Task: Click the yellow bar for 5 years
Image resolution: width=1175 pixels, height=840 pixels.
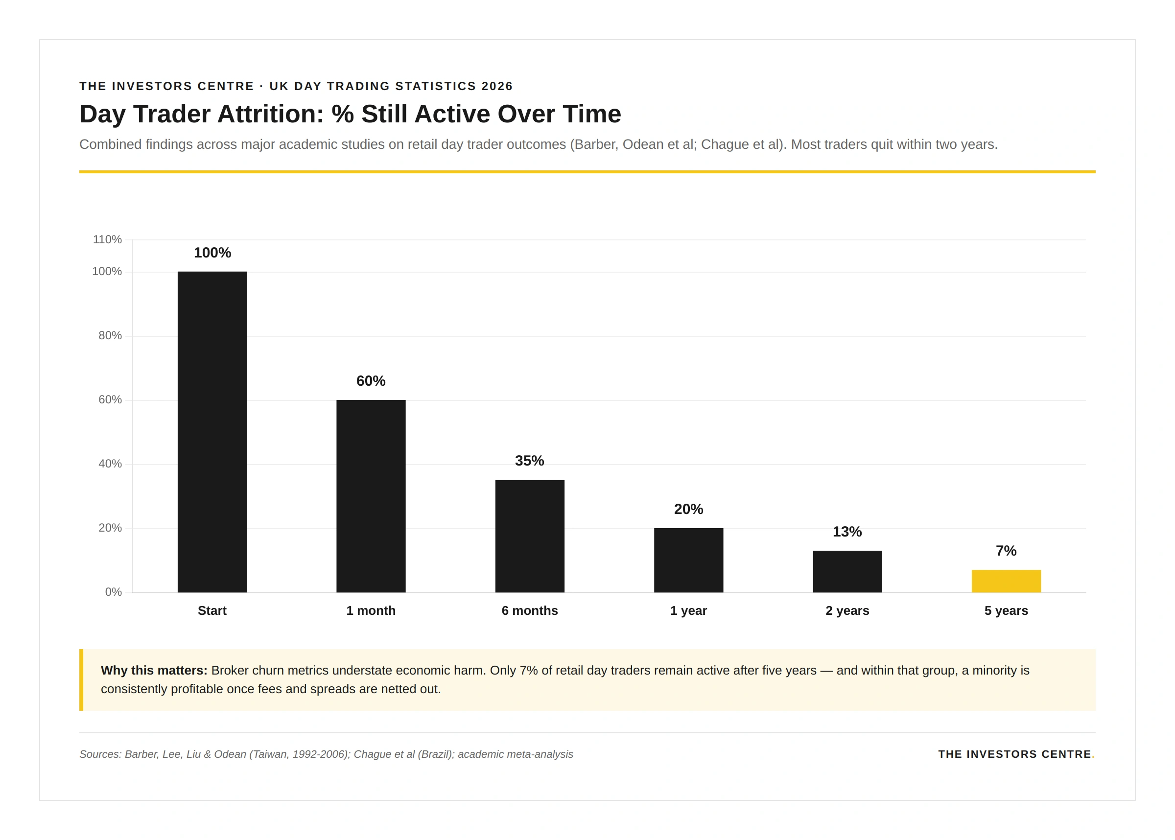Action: pos(1006,581)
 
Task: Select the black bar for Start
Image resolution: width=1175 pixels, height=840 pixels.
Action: pos(212,432)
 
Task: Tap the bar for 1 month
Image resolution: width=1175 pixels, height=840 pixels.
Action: pos(371,496)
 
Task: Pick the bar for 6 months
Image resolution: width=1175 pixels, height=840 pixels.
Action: pos(530,536)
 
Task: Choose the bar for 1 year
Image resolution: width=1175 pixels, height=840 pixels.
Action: pos(688,560)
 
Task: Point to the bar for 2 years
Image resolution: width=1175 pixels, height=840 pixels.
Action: pos(847,571)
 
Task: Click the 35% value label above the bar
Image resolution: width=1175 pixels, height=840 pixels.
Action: pos(530,460)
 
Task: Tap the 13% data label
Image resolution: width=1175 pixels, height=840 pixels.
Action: pos(847,531)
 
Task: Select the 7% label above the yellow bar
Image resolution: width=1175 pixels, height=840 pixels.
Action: pos(1006,550)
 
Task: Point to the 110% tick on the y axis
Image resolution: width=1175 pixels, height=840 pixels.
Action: pos(107,239)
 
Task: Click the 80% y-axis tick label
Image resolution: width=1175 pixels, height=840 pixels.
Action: pos(110,335)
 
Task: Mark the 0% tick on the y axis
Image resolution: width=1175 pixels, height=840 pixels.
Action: pos(113,592)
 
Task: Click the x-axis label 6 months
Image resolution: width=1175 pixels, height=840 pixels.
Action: pos(530,610)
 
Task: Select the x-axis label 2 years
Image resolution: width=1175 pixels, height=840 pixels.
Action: pos(847,610)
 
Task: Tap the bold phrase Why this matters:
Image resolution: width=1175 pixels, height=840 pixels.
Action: pos(154,670)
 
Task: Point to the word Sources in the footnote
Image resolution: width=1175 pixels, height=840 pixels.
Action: pos(99,754)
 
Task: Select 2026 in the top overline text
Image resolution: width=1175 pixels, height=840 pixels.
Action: pos(496,86)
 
